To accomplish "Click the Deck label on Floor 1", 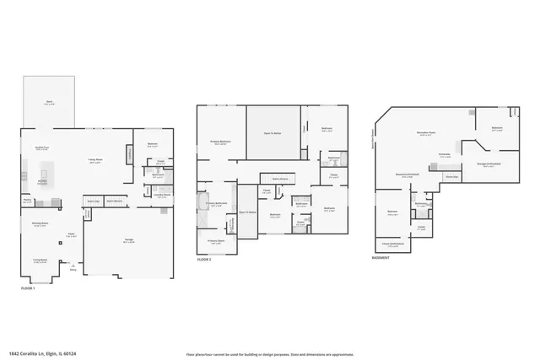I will (x=49, y=104).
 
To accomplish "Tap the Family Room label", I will (x=95, y=160).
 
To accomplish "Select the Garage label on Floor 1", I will (x=128, y=241).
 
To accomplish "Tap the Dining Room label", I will (x=40, y=225).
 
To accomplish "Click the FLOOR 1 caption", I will (x=30, y=289).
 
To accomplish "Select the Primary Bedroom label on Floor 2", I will (x=220, y=142).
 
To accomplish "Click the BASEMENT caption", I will (x=380, y=259).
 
